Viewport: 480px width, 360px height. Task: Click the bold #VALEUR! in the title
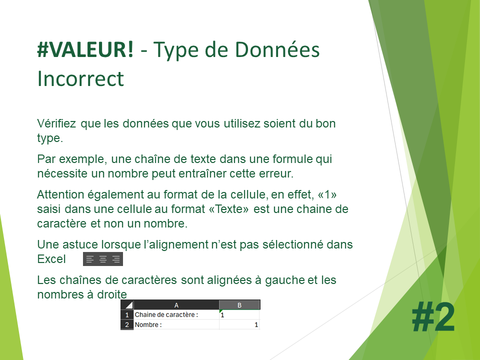85,49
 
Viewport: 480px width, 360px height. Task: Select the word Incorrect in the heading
80,78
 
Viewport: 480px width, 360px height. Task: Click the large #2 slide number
433,317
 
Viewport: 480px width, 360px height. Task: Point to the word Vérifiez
56,123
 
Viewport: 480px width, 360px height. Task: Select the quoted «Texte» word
228,209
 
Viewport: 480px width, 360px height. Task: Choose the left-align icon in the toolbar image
89,259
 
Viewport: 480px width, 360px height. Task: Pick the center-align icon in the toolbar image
103,259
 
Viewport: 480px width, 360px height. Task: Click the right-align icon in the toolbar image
116,259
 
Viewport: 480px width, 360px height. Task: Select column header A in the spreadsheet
176,305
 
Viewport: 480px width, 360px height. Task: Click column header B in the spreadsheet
239,305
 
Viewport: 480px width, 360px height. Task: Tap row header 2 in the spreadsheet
127,324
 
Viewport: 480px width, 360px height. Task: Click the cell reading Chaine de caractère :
176,314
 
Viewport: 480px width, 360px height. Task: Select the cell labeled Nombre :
176,324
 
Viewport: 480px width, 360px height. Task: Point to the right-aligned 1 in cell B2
256,325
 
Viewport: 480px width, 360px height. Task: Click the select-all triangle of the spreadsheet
129,305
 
